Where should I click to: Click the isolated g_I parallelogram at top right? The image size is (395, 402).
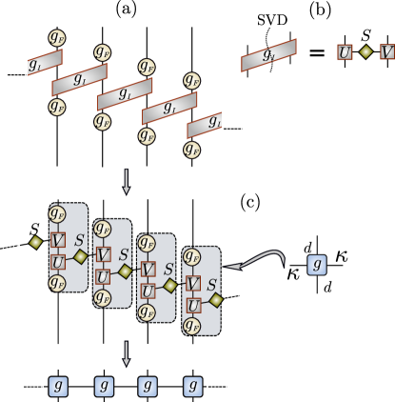point(268,55)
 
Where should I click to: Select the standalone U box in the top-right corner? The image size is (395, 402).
point(345,52)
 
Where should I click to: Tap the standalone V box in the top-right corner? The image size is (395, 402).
point(386,52)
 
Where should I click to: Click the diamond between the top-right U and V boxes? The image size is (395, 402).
point(365,52)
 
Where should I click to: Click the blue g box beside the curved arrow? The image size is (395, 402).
point(317,264)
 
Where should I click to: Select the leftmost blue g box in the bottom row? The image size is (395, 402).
point(58,386)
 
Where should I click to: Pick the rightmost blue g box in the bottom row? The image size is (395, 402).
point(192,386)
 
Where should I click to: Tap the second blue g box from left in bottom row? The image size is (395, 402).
point(104,386)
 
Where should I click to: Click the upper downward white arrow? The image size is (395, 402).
point(127,181)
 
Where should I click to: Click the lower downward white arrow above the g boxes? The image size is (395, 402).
point(127,353)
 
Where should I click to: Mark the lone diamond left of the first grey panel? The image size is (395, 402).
point(35,242)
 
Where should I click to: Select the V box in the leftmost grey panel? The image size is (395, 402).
point(58,241)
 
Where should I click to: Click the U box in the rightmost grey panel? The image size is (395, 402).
point(193,305)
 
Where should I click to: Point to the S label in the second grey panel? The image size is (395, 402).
point(124,255)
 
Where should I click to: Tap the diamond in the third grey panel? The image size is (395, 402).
point(169,285)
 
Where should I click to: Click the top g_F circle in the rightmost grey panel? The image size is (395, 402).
point(192,256)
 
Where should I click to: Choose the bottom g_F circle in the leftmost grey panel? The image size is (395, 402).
point(57,283)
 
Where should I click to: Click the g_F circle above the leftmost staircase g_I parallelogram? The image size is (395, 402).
point(57,38)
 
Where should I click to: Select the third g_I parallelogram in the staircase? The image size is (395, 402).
point(125,94)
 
